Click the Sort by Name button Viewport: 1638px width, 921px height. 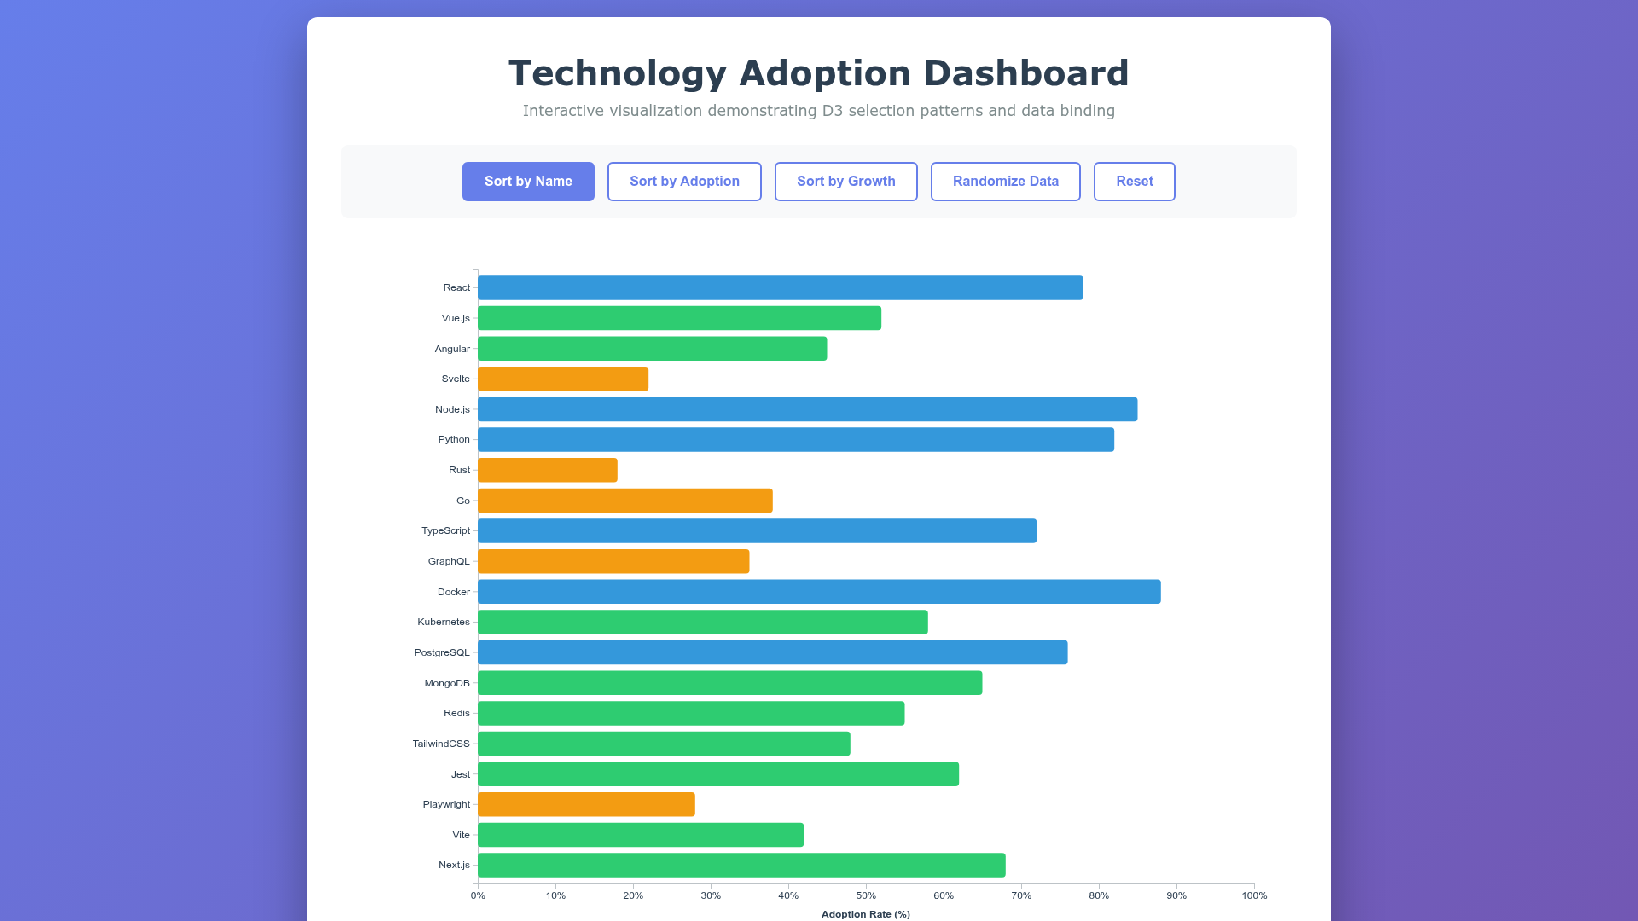(x=528, y=182)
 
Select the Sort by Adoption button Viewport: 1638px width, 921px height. (x=684, y=182)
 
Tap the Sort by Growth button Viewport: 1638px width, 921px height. (x=845, y=182)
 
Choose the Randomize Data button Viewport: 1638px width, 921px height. (x=1005, y=182)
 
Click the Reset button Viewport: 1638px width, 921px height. (x=1134, y=182)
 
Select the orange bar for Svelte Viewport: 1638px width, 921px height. (x=563, y=379)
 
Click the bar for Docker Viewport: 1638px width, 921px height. (x=819, y=592)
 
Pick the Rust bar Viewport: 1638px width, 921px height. (x=547, y=470)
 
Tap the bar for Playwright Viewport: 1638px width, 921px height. (x=586, y=804)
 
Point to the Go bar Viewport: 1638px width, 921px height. (x=624, y=501)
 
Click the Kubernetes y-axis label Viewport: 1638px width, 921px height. (x=444, y=622)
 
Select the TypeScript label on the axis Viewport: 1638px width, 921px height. (x=445, y=530)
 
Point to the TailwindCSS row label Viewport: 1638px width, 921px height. (x=441, y=744)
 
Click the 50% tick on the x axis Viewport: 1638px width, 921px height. (x=866, y=895)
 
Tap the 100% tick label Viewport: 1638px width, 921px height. (x=1254, y=895)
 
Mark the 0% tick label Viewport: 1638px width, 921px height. (x=478, y=895)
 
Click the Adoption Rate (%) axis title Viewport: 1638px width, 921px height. (x=865, y=914)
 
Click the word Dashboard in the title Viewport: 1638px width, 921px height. (x=1026, y=73)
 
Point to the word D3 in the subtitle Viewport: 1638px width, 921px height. (x=832, y=111)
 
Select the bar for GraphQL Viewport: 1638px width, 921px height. (x=613, y=561)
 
